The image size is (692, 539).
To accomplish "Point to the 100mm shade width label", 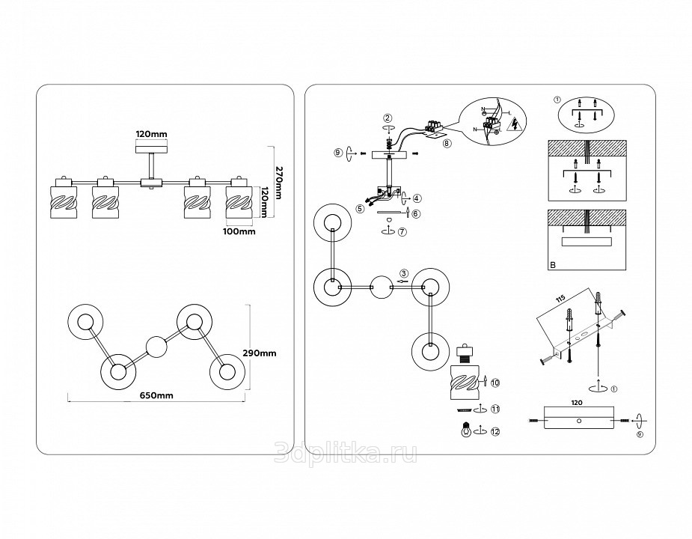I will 240,231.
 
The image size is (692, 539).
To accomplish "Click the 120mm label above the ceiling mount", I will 151,135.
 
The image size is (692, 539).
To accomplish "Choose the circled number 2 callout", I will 388,118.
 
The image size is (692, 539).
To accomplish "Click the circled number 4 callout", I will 417,198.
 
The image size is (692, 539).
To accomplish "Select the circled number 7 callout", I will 402,232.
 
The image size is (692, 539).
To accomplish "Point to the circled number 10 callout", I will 495,383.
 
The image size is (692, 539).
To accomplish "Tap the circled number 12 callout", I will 495,409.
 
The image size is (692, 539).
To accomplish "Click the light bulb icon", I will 495,431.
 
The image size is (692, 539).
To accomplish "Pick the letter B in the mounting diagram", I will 553,265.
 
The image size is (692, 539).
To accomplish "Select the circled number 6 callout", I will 416,213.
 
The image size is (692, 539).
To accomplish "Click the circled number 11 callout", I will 495,409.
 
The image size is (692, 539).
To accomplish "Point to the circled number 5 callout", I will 361,209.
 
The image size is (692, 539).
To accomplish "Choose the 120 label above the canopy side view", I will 577,402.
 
